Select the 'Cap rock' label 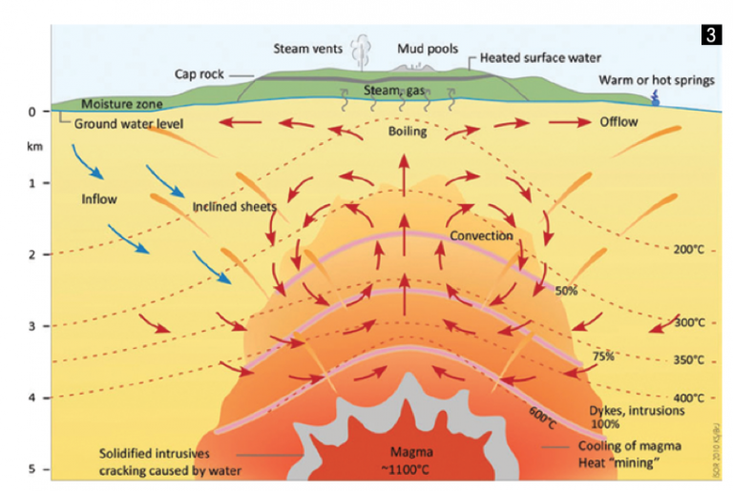coord(199,73)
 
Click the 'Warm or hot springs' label coord(656,80)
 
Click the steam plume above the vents coord(361,50)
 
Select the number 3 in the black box coord(709,36)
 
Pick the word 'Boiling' coord(408,133)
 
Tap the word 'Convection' coord(482,235)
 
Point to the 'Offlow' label coord(618,123)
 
